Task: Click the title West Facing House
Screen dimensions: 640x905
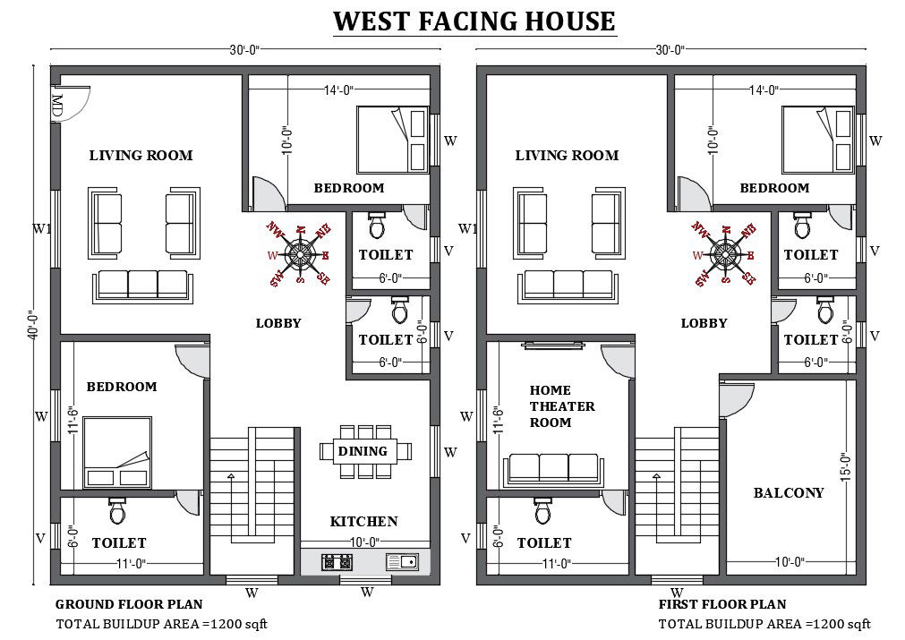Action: [474, 21]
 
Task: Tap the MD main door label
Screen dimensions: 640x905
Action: [57, 106]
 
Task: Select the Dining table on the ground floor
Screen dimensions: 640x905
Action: [363, 451]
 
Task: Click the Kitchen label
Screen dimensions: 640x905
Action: [363, 521]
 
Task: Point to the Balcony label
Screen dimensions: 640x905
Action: [788, 492]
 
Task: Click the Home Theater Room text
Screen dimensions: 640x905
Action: [562, 406]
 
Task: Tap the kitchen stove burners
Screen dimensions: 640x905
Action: [337, 562]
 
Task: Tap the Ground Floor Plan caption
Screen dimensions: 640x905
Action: [129, 604]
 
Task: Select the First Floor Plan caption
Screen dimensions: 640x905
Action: [722, 604]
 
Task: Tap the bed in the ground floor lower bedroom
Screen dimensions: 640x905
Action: [116, 453]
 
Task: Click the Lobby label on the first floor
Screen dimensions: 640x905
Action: [704, 323]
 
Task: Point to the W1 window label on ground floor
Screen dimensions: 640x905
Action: [41, 229]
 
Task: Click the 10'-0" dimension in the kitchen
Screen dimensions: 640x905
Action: [363, 542]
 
